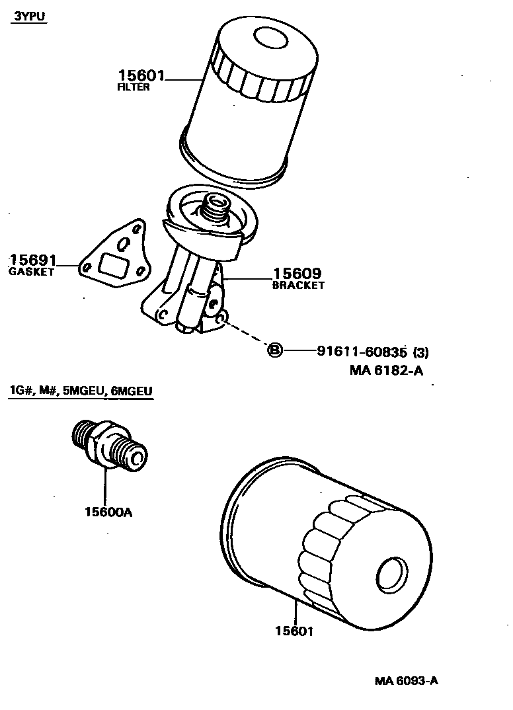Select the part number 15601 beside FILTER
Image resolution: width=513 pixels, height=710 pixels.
pyautogui.click(x=141, y=76)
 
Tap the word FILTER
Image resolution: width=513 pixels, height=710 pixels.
pyautogui.click(x=133, y=88)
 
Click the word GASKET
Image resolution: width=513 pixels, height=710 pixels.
pyautogui.click(x=31, y=272)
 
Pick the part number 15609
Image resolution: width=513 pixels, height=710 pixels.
pyautogui.click(x=296, y=274)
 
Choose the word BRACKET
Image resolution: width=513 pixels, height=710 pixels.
pyautogui.click(x=298, y=286)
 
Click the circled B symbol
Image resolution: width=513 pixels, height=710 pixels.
pyautogui.click(x=274, y=350)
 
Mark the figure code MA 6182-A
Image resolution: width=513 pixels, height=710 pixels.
pyautogui.click(x=386, y=371)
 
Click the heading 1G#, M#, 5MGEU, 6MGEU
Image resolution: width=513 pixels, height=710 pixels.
pyautogui.click(x=81, y=392)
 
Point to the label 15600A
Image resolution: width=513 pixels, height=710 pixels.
pyautogui.click(x=108, y=511)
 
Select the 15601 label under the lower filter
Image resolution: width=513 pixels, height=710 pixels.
pyautogui.click(x=294, y=631)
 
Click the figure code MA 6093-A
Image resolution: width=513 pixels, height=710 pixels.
pyautogui.click(x=406, y=682)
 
